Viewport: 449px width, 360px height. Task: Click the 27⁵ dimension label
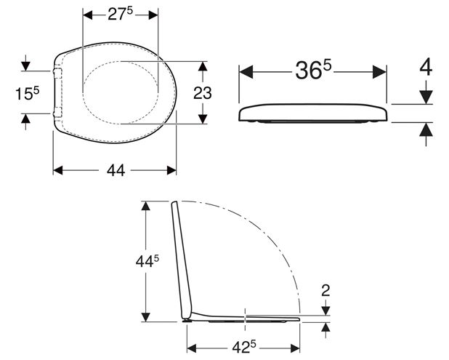click(x=121, y=14)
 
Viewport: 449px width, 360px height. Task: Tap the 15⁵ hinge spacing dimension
click(x=27, y=93)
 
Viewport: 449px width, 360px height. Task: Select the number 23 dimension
click(x=203, y=93)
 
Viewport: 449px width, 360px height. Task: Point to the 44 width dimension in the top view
click(x=116, y=170)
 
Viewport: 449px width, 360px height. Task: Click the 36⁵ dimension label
click(x=313, y=71)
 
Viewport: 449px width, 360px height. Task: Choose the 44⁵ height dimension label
click(x=147, y=261)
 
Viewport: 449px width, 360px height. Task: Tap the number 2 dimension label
click(x=325, y=291)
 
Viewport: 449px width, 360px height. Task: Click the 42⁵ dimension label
click(x=244, y=348)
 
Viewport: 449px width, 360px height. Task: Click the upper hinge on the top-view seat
click(x=57, y=73)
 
